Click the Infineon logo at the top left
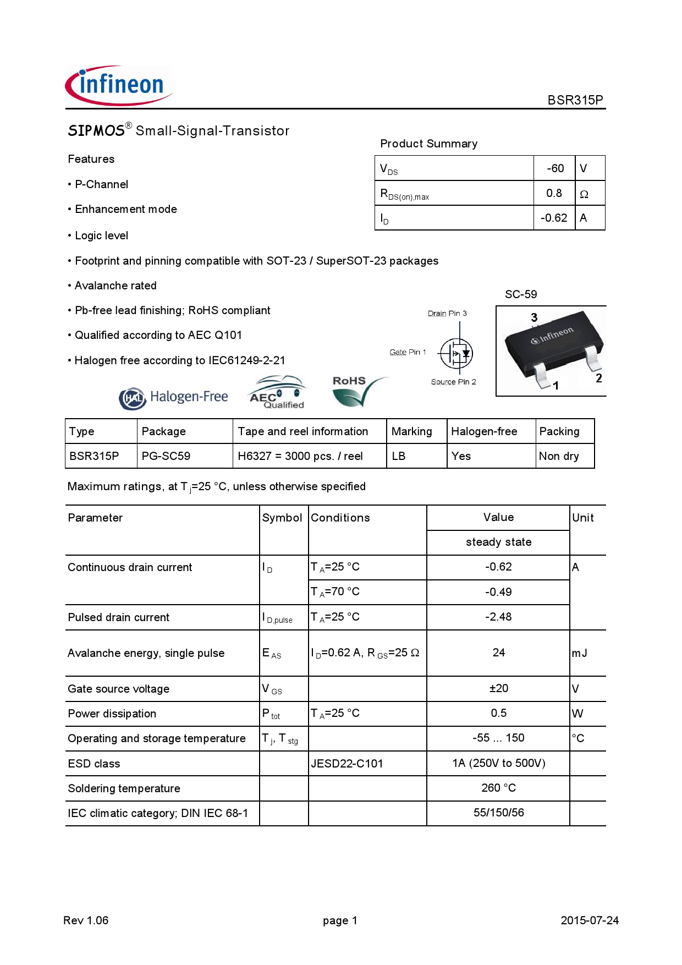coord(118,86)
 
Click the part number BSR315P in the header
coord(575,100)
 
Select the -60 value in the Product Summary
coord(555,168)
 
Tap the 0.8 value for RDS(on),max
coord(554,193)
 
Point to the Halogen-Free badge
coord(173,397)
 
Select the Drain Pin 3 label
coord(447,314)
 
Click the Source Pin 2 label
coord(453,382)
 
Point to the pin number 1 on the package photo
coord(555,386)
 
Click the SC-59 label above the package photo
coord(520,294)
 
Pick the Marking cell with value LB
coord(399,456)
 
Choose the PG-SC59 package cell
coord(166,456)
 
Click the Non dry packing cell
coord(559,456)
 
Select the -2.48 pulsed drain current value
coord(498,617)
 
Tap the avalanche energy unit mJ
coord(579,653)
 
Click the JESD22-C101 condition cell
coord(347,764)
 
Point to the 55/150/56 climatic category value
coord(498,813)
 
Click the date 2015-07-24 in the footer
coord(589,920)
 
